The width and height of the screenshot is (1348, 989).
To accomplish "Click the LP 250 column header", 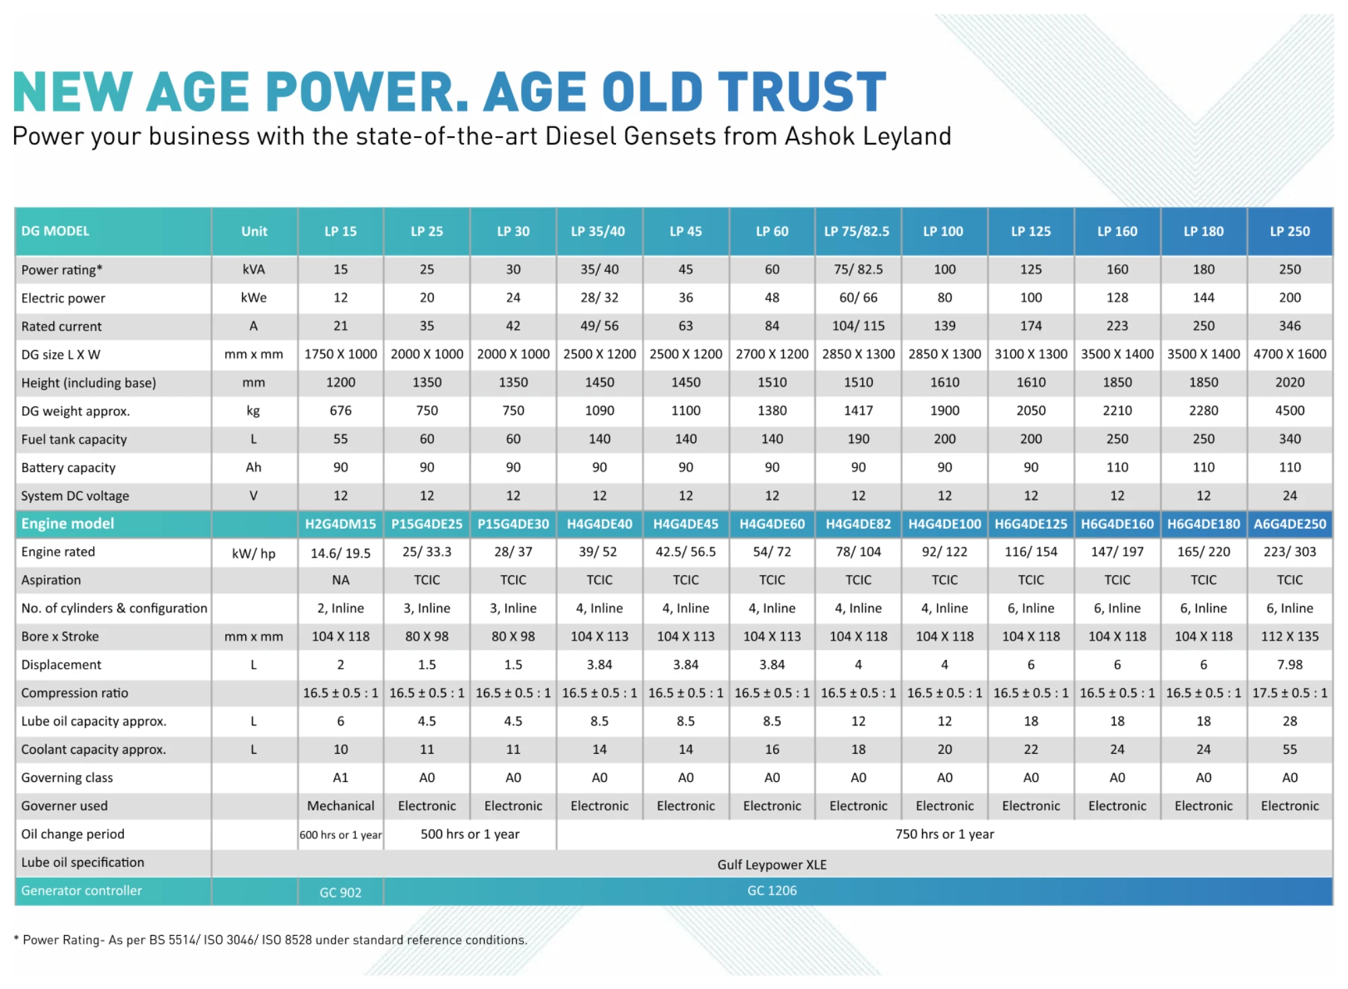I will click(x=1289, y=231).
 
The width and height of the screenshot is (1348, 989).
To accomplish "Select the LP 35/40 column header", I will click(x=598, y=231).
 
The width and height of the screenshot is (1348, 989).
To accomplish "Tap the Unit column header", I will click(x=254, y=231).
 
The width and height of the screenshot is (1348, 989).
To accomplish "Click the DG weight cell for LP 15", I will click(x=340, y=411).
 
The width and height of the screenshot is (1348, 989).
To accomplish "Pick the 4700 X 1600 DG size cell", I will click(x=1289, y=354).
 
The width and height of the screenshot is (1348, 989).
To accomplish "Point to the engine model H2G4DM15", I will click(x=340, y=524).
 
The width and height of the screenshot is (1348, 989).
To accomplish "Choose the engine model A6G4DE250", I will click(x=1289, y=524).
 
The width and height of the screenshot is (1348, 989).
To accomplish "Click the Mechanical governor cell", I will click(x=340, y=806).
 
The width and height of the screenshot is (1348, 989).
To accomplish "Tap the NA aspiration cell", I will click(x=340, y=580).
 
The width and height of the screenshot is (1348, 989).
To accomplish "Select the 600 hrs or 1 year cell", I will click(x=340, y=835).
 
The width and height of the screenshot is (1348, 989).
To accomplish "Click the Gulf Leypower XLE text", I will click(x=772, y=864).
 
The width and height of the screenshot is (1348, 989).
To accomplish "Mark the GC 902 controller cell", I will click(x=340, y=893).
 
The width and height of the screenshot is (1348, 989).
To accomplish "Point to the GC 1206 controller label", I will click(x=772, y=891).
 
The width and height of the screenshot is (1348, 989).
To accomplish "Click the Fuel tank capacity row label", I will click(x=74, y=440).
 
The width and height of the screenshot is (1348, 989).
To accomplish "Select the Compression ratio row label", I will click(x=74, y=693).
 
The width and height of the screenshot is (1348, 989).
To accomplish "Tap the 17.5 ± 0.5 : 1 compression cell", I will click(x=1289, y=693).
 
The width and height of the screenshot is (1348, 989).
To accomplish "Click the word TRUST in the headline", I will click(x=801, y=92).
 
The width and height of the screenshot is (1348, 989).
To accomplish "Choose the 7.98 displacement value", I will click(x=1289, y=665).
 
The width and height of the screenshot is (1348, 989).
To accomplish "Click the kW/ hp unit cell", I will click(x=253, y=553).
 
